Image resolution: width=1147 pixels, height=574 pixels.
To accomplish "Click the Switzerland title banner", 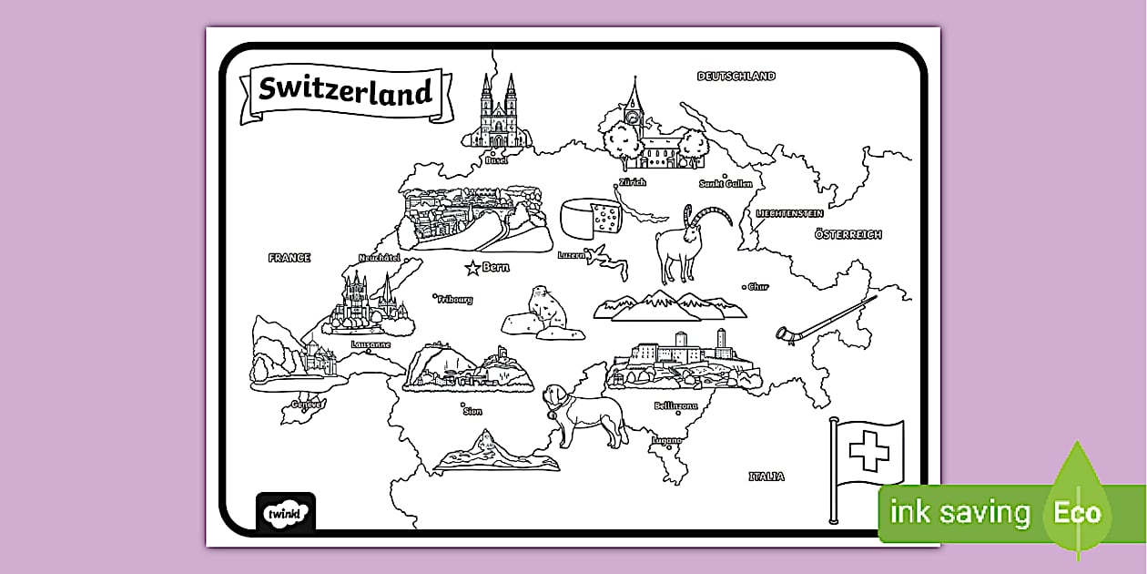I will click(x=344, y=91).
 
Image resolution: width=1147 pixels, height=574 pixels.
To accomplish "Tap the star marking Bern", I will click(x=472, y=268).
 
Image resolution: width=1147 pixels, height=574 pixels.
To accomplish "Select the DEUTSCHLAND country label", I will click(x=736, y=77).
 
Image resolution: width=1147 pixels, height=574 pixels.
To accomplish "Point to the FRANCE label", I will click(x=289, y=258).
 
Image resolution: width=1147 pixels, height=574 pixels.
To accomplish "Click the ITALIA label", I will click(x=766, y=477).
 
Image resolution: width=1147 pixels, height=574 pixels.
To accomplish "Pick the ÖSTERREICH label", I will click(x=848, y=234).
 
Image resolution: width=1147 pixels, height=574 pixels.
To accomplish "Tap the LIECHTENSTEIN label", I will click(x=790, y=213).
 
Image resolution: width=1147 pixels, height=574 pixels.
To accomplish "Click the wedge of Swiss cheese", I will click(x=591, y=220).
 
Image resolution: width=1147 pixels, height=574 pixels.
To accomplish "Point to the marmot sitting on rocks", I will click(x=546, y=310).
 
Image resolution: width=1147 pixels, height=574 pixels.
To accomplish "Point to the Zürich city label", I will click(x=632, y=183).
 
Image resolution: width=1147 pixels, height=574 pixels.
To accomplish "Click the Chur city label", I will click(x=758, y=287).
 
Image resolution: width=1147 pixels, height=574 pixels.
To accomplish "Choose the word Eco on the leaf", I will click(x=1078, y=512).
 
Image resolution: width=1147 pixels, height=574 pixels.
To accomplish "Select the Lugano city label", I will click(x=666, y=441).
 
